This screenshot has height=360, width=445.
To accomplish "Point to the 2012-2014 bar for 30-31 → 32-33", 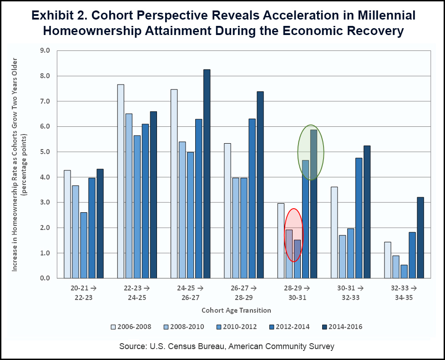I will (359, 218).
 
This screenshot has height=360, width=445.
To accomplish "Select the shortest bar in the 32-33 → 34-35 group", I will (404, 271).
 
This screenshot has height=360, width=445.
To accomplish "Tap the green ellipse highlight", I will (311, 152).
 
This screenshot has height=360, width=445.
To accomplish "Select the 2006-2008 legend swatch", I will (113, 326).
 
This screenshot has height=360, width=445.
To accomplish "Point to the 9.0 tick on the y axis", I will (45, 50).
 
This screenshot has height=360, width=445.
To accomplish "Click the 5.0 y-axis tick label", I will (45, 152).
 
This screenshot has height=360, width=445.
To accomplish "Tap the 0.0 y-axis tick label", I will (45, 278).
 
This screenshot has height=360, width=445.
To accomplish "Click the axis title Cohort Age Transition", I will (236, 310).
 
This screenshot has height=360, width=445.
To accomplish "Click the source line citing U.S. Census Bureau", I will (227, 346).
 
